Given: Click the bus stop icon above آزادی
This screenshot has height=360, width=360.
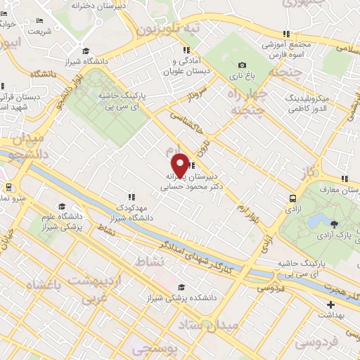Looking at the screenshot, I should point(292,198).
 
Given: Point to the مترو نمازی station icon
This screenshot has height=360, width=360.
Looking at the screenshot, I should point(8,187).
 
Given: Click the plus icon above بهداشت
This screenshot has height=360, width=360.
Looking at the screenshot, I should point(330,305).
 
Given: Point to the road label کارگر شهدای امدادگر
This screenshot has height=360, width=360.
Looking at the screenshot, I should point(204,254).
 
